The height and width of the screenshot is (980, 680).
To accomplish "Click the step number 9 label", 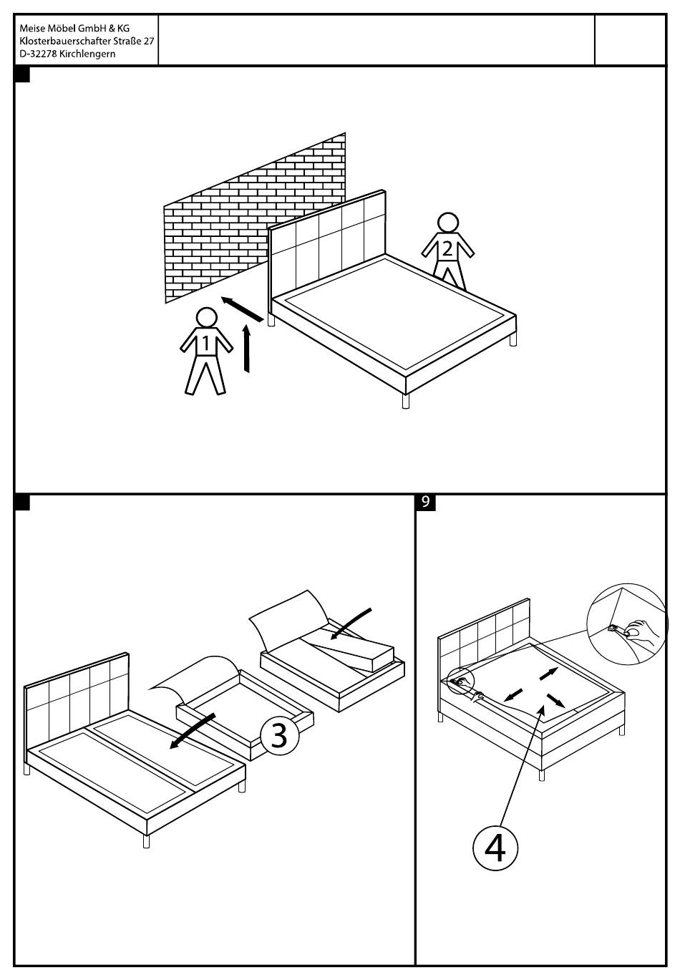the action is pyautogui.click(x=425, y=503).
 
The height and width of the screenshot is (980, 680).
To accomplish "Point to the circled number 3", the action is pyautogui.click(x=279, y=735).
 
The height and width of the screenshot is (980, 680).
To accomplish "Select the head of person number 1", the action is pyautogui.click(x=207, y=317).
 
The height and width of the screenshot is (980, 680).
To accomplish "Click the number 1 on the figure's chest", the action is pyautogui.click(x=206, y=344).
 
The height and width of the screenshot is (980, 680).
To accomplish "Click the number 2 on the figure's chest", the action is pyautogui.click(x=447, y=250).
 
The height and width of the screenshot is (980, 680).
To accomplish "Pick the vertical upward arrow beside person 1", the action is pyautogui.click(x=247, y=348).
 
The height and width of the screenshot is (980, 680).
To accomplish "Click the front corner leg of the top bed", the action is pyautogui.click(x=406, y=401).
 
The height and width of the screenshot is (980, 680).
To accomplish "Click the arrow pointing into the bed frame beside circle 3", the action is pyautogui.click(x=192, y=731).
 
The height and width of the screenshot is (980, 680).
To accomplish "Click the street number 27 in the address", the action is pyautogui.click(x=149, y=42).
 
